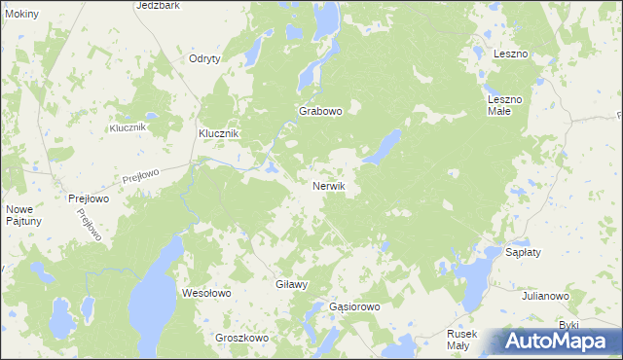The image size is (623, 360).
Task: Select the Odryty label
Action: [204, 58]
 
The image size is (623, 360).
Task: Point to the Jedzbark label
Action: [159, 5]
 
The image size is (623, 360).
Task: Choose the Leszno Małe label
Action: [505, 105]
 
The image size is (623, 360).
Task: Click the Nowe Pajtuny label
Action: [23, 215]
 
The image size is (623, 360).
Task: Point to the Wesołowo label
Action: [206, 292]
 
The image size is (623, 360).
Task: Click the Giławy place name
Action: [292, 285]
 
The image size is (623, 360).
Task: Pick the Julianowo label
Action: [545, 295]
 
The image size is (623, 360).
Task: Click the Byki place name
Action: [568, 324]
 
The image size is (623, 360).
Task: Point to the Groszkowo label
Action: [241, 338]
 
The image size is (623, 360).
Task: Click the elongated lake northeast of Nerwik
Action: [383, 147]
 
